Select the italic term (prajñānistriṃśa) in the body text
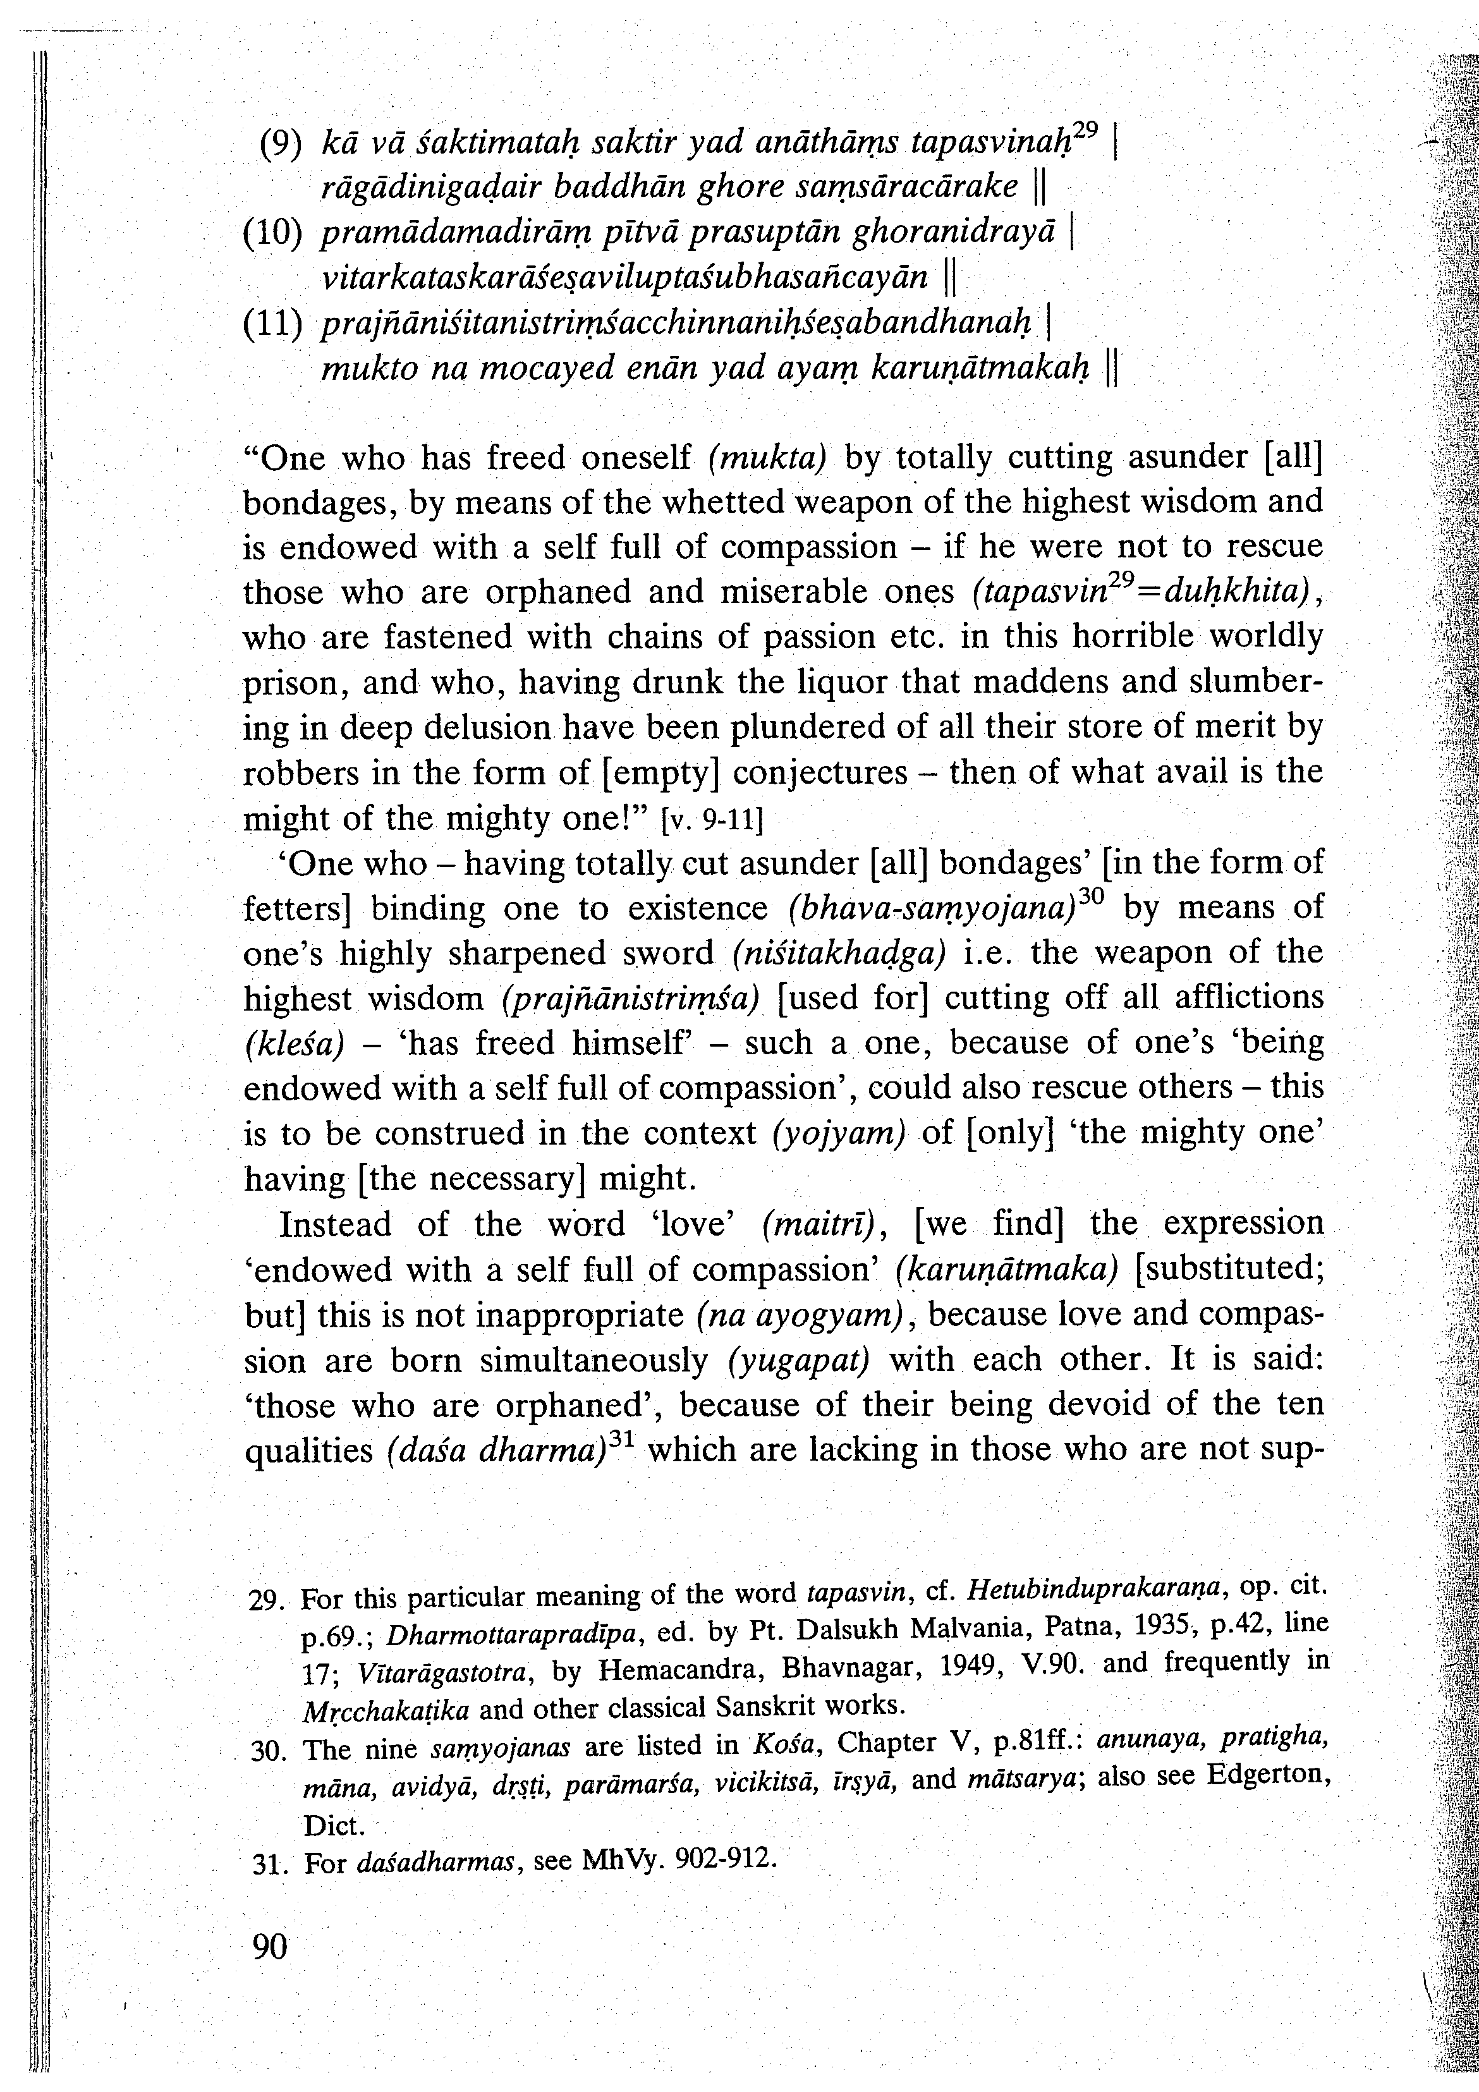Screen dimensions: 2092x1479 (x=630, y=999)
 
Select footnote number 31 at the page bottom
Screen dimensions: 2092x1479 (x=268, y=1864)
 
